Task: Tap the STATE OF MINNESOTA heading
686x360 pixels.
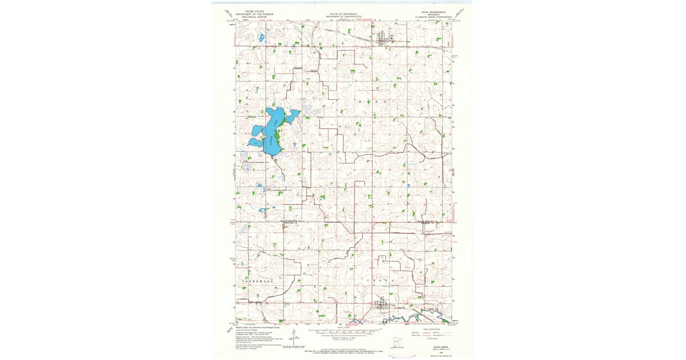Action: pyautogui.click(x=344, y=13)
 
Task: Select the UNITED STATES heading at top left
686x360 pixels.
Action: pyautogui.click(x=254, y=11)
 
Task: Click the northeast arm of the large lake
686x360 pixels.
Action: pyautogui.click(x=292, y=116)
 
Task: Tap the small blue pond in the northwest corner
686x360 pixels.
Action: pyautogui.click(x=261, y=38)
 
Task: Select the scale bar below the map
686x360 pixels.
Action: pyautogui.click(x=344, y=330)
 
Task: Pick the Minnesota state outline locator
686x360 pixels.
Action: pyautogui.click(x=393, y=341)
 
